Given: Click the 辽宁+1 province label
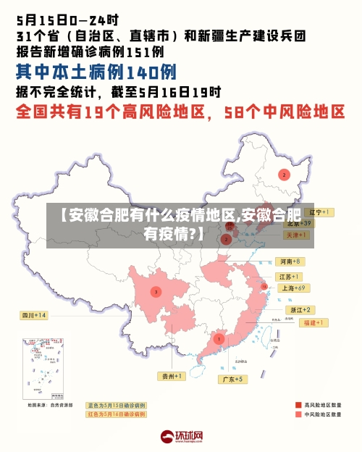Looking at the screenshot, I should tap(318, 212).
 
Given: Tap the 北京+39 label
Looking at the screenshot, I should tap(298, 224).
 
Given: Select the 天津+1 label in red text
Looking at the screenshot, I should tap(298, 235).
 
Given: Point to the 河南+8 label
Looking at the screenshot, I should tap(289, 261).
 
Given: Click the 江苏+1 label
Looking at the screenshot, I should tap(290, 277).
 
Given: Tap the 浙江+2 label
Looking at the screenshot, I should tap(300, 310).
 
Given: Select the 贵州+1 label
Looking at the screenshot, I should tap(173, 376).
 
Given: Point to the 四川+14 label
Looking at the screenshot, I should tap(33, 315).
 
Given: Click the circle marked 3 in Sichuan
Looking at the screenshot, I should tap(156, 292).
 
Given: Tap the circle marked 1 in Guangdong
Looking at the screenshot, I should tap(219, 338).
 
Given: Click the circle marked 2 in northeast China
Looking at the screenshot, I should tap(285, 175).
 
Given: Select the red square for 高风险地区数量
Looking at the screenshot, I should tap(298, 405).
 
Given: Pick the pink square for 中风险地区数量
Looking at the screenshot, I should tap(298, 415).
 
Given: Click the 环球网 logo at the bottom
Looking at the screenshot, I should tap(181, 437).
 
